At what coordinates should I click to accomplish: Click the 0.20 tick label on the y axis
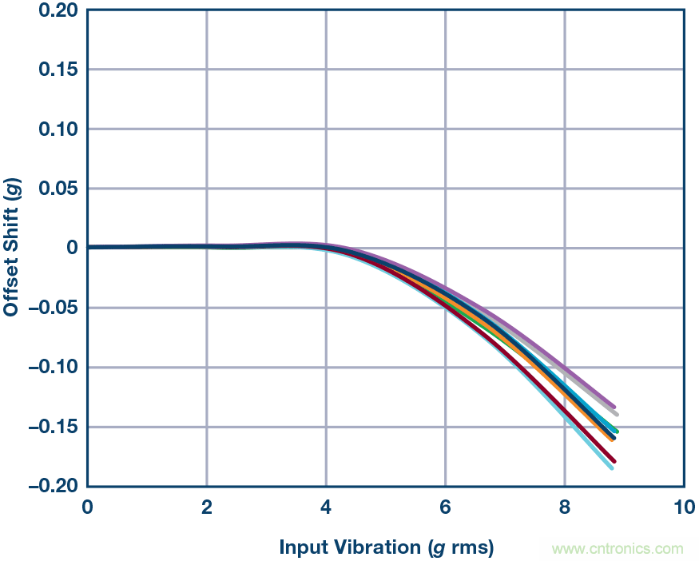58,10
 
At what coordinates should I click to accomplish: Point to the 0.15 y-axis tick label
58,70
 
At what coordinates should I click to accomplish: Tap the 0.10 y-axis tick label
58,129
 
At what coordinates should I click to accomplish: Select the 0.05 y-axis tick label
58,189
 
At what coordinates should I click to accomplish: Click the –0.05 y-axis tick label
54,308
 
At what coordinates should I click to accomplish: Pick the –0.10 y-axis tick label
54,368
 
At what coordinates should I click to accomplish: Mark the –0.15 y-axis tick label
54,427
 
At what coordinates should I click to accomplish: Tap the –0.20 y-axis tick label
54,486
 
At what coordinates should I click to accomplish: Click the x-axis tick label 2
207,507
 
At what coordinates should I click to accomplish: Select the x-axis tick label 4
326,507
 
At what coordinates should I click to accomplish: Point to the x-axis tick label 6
445,507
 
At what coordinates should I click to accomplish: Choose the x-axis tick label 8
565,507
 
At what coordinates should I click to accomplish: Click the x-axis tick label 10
683,507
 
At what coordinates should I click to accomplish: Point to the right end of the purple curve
614,408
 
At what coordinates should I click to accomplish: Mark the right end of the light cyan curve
612,468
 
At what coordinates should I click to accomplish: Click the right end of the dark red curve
614,461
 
